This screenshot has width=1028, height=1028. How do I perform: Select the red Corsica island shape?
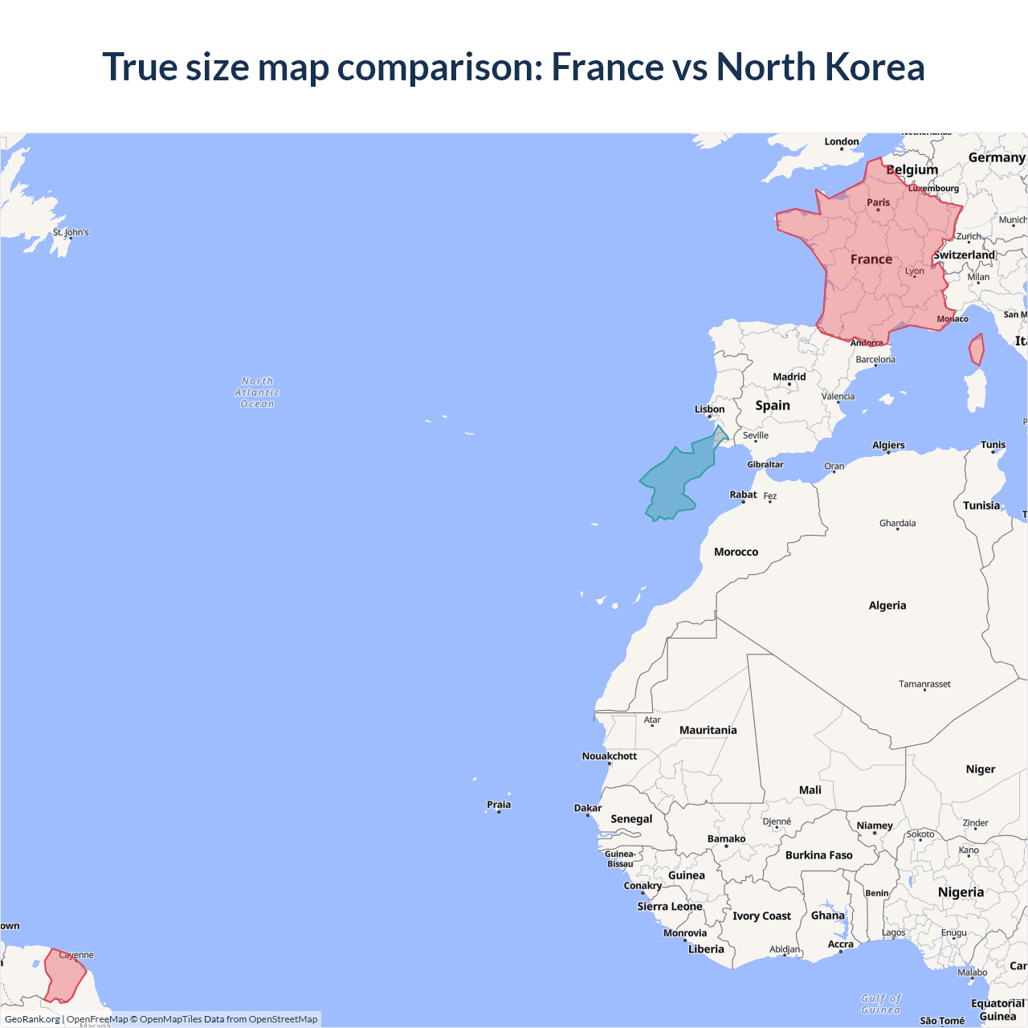[x=977, y=350]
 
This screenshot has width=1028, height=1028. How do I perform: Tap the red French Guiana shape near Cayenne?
[x=64, y=977]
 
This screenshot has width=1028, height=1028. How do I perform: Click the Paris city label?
[x=878, y=202]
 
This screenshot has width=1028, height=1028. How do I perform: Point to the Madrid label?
[x=789, y=377]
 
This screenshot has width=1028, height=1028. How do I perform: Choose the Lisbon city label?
[x=709, y=410]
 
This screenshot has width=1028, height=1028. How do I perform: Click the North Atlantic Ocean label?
[x=257, y=393]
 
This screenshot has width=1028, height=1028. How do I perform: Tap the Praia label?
[x=499, y=805]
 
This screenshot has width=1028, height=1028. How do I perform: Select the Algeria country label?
[x=887, y=606]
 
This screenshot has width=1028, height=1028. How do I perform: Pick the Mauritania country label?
[x=708, y=730]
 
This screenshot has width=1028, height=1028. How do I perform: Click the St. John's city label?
[x=71, y=232]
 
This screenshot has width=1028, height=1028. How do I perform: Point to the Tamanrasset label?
[x=924, y=684]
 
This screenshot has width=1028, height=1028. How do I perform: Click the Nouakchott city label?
[x=609, y=756]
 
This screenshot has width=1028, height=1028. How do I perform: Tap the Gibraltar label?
[x=765, y=464]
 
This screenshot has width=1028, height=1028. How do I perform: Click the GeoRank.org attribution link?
[x=32, y=1019]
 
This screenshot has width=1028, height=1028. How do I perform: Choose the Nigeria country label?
[x=961, y=892]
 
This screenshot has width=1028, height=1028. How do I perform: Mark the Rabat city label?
[x=743, y=495]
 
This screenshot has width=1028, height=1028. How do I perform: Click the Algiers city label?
[x=888, y=445]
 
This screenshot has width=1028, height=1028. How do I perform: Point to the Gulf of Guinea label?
[x=881, y=1004]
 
